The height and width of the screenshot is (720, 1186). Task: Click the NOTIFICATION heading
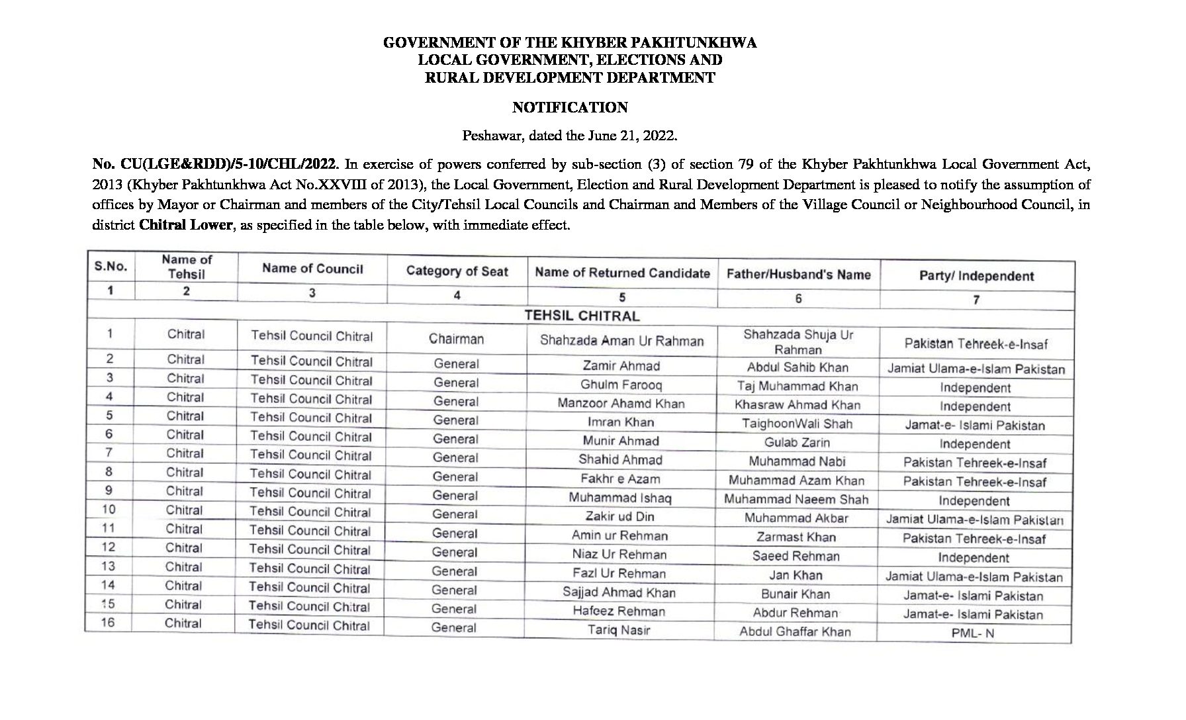click(570, 107)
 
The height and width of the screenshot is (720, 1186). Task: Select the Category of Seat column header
click(457, 271)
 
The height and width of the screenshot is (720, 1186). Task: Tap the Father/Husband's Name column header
click(798, 274)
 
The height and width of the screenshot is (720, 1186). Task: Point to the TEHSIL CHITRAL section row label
click(582, 316)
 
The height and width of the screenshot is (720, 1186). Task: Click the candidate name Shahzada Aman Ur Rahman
click(621, 341)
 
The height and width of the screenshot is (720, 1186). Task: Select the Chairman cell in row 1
click(456, 339)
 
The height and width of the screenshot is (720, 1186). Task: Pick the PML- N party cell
click(973, 633)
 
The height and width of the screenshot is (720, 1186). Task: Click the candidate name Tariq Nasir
click(619, 630)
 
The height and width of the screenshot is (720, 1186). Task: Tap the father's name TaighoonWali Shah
click(797, 424)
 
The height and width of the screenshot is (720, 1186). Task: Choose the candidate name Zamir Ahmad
click(621, 366)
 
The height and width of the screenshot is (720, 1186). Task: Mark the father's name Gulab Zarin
click(797, 443)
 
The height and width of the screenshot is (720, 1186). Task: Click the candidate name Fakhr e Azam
click(620, 479)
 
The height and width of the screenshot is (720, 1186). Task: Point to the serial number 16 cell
click(108, 623)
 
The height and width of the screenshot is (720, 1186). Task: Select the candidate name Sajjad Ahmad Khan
click(619, 592)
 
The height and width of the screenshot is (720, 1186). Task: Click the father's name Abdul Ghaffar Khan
click(795, 632)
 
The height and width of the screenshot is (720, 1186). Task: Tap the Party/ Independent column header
click(976, 276)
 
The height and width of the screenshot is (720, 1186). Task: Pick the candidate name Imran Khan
click(620, 422)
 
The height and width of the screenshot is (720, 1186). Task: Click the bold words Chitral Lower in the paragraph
click(185, 225)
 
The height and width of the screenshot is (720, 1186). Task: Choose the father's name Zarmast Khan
click(796, 537)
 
